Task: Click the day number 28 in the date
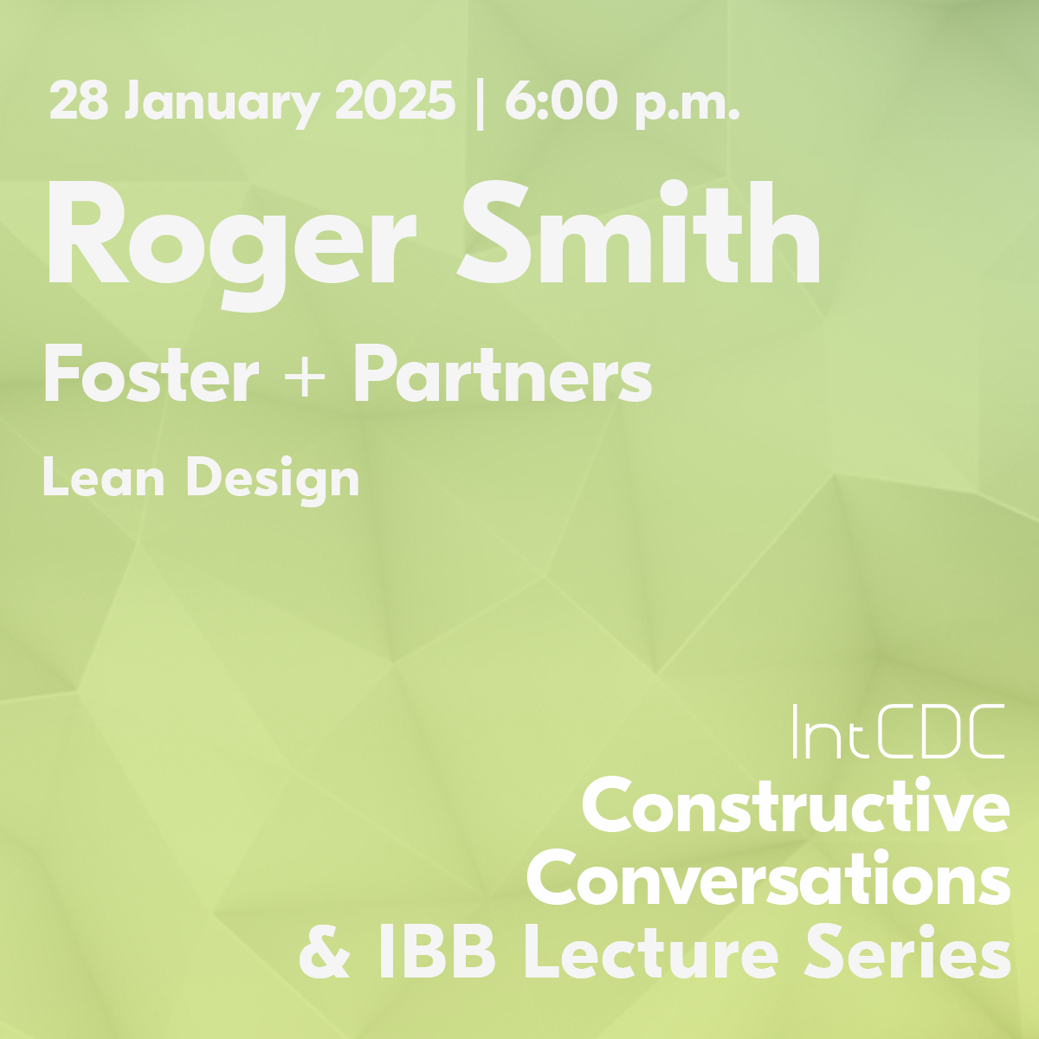(79, 100)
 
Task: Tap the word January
(223, 105)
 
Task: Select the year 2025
(395, 100)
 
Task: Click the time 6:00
(561, 100)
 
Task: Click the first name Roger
(232, 245)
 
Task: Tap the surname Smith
(639, 231)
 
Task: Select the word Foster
(152, 374)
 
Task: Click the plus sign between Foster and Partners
(305, 375)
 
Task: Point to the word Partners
(502, 374)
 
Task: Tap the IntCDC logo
(898, 732)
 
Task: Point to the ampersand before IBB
(324, 952)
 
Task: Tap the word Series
(907, 952)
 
